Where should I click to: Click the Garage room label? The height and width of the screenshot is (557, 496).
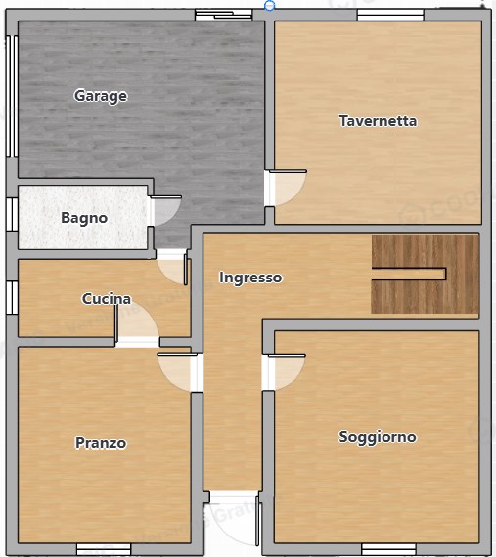101,96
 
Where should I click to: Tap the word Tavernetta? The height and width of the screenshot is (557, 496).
378,121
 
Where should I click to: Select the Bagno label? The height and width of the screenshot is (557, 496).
84,218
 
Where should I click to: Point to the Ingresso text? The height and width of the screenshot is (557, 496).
250,278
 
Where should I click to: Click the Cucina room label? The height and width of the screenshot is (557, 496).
106,299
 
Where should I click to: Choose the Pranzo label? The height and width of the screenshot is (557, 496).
101,443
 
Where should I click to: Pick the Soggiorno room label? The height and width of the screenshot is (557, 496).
378,437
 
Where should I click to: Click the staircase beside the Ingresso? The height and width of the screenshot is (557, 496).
425,274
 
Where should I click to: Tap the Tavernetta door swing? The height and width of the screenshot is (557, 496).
287,188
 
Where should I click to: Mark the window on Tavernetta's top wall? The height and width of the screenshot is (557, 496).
389,15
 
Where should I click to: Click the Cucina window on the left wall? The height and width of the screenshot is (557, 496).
11,297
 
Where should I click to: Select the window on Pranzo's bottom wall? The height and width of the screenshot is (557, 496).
104,548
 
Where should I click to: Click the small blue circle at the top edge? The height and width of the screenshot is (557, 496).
269,5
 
